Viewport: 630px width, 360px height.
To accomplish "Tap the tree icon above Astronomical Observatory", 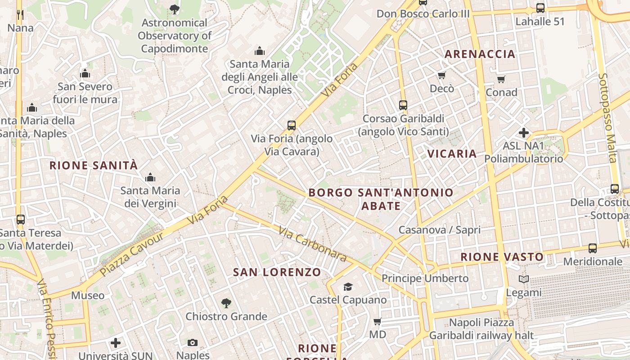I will (x=174, y=9).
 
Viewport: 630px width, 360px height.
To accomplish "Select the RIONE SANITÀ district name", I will (x=94, y=165).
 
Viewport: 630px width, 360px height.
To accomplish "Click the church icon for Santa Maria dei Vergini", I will (x=150, y=177).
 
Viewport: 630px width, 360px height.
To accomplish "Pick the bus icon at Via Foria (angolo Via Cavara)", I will (x=292, y=125).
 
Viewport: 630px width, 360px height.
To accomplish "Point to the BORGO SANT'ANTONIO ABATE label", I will (x=381, y=199).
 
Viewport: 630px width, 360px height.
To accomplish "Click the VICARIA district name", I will (x=452, y=153).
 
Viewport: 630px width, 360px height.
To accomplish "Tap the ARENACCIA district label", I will (x=480, y=54).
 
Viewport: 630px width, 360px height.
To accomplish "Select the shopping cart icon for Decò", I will (x=442, y=75).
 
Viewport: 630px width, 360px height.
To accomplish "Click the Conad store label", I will (x=501, y=92).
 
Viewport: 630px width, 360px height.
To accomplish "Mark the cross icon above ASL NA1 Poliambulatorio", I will (x=524, y=133).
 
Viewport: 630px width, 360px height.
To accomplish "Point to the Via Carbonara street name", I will (x=313, y=244).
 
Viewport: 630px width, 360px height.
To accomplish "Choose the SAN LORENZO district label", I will (x=277, y=272).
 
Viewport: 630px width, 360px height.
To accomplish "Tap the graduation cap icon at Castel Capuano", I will (x=348, y=287).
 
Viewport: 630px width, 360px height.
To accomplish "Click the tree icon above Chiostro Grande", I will (x=226, y=303).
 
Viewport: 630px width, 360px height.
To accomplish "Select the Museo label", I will (x=88, y=296).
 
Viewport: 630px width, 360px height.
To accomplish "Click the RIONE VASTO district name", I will (x=502, y=257).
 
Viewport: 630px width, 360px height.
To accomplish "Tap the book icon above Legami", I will (x=524, y=279).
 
